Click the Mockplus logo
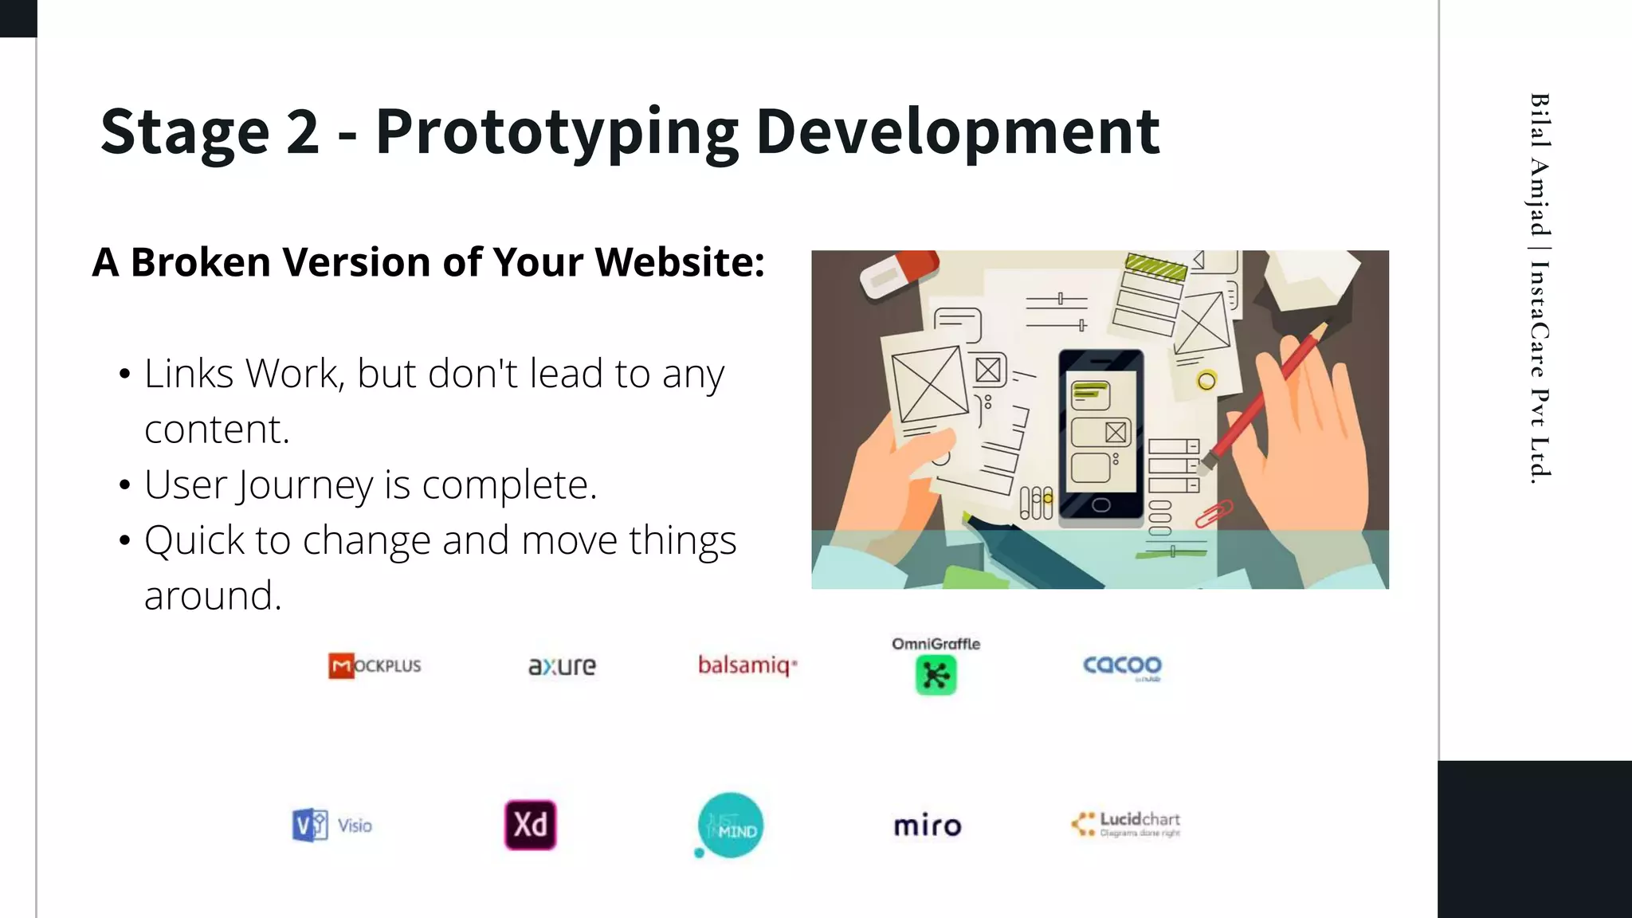coord(375,665)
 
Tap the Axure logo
coord(562,665)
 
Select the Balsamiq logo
coord(747,665)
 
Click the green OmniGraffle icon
coord(936,675)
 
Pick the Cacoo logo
coord(1122,665)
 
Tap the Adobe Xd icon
coord(530,825)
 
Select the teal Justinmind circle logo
coord(730,826)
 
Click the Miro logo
coord(927,826)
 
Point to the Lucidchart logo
coord(1125,824)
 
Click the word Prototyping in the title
coord(556,132)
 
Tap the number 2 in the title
coord(302,132)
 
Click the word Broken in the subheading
coord(200,262)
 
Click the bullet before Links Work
coord(124,375)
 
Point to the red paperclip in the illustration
coord(1213,514)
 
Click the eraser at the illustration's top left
coord(899,273)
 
